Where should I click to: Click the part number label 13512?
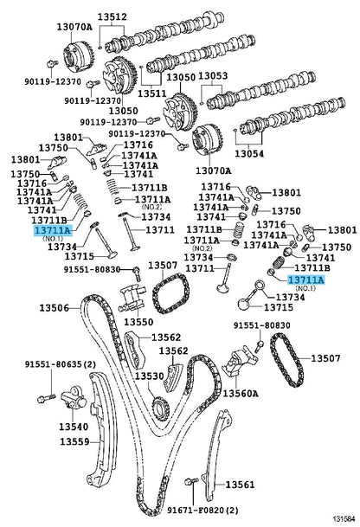[x=112, y=16]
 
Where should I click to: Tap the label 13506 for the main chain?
[x=55, y=307]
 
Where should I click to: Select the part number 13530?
[x=150, y=376]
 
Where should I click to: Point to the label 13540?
[x=74, y=427]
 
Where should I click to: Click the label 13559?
[x=74, y=441]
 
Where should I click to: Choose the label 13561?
[x=240, y=485]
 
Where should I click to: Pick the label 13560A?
[x=241, y=393]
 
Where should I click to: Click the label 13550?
[x=138, y=322]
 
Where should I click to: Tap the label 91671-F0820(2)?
[x=202, y=511]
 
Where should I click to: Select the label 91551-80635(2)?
[x=61, y=364]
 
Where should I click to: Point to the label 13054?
[x=249, y=153]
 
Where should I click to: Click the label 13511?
[x=152, y=93]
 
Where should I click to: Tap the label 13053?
[x=213, y=76]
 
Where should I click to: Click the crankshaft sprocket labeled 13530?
[x=161, y=408]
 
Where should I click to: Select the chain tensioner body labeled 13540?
[x=74, y=399]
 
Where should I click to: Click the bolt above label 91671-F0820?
[x=190, y=482]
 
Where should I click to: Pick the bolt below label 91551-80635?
[x=46, y=399]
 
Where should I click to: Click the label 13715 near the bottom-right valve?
[x=279, y=307]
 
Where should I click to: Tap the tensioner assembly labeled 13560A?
[x=241, y=362]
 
